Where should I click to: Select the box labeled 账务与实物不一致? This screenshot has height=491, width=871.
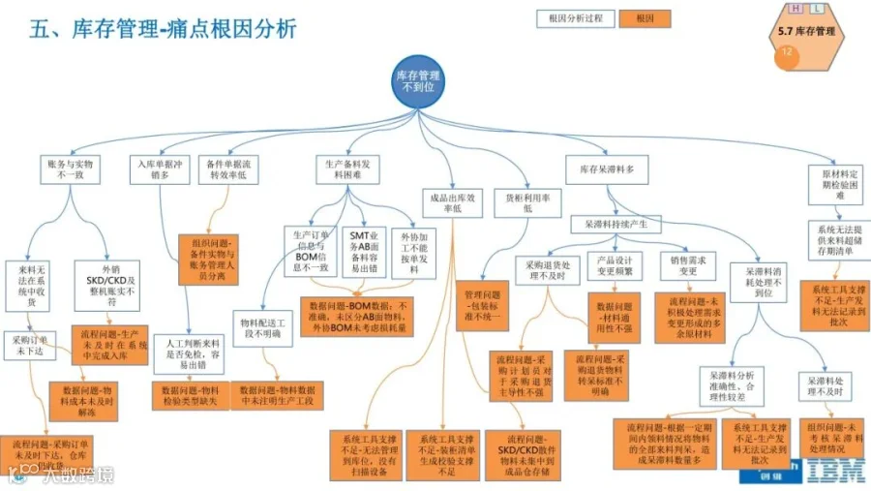71,170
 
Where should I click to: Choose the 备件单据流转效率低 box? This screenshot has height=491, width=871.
229,170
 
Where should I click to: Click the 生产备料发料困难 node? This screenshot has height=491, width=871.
345,170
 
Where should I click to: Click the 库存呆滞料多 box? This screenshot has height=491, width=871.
606,170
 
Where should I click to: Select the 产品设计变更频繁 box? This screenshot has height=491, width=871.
614,265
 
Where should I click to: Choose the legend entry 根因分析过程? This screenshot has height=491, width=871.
575,18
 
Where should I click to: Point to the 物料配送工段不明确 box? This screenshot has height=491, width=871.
261,326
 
